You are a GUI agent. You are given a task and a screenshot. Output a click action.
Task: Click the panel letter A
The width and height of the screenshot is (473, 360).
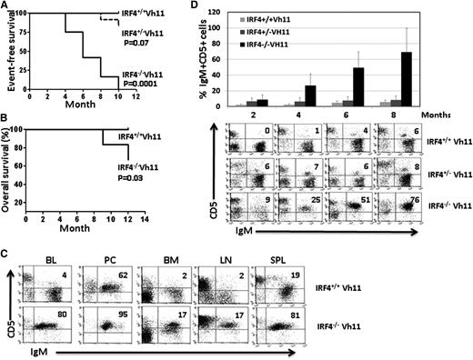click(7, 7)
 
